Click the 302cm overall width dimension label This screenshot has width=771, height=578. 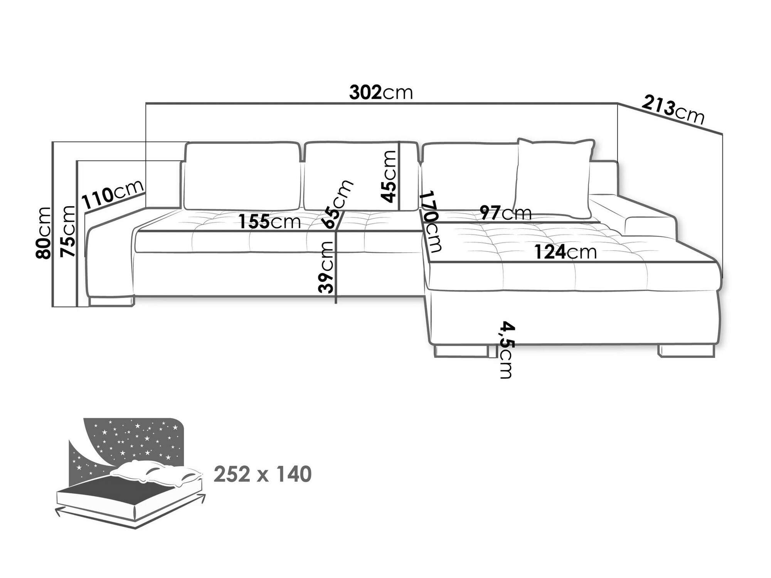point(381,93)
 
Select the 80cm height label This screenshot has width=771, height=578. point(43,233)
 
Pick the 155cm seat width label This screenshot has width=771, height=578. point(269,222)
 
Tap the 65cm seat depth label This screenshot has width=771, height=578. point(338,204)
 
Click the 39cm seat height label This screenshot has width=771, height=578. point(326,267)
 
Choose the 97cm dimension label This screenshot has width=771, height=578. point(506,212)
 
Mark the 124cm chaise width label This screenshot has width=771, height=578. point(566,252)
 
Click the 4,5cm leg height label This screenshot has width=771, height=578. point(505,351)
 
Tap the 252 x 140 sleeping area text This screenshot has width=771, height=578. point(263,474)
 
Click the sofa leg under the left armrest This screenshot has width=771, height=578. point(111,301)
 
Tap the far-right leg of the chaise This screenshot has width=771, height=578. point(686,351)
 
